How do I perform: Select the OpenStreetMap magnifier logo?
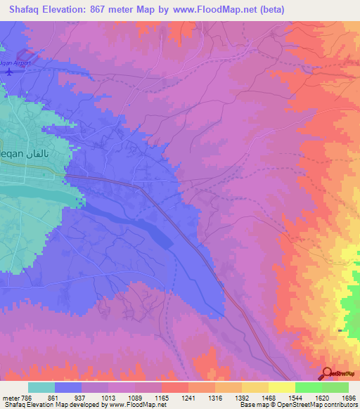point(328,373)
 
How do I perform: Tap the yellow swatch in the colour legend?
point(282,387)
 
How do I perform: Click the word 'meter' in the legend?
point(10,398)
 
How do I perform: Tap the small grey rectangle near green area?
point(341,330)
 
